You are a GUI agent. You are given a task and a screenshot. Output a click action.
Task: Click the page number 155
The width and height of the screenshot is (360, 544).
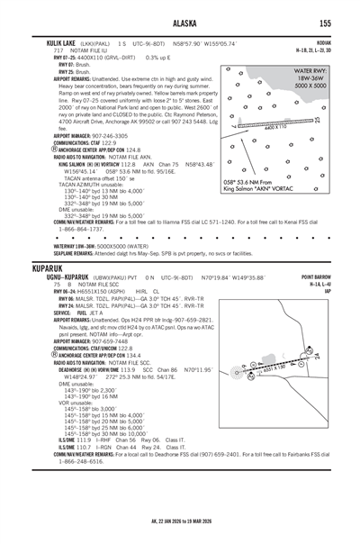pyautogui.click(x=335, y=24)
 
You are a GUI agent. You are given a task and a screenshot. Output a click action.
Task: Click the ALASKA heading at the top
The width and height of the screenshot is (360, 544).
pyautogui.click(x=180, y=24)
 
